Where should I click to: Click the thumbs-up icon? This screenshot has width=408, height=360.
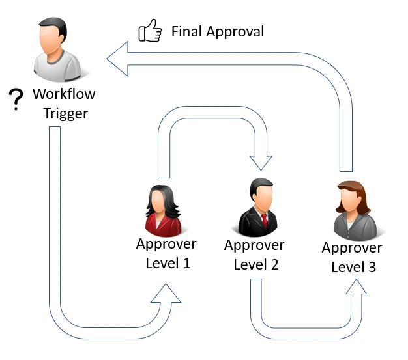(150, 31)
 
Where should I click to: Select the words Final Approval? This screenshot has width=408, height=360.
(218, 31)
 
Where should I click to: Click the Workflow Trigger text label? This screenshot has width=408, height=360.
(65, 104)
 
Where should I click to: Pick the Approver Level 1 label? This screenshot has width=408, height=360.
(166, 254)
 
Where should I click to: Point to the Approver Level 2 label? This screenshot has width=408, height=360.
(254, 255)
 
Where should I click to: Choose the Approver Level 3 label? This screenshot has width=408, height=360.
(353, 257)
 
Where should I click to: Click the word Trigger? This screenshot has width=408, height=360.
(65, 114)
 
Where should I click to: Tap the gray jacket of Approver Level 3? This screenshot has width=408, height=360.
(353, 225)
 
